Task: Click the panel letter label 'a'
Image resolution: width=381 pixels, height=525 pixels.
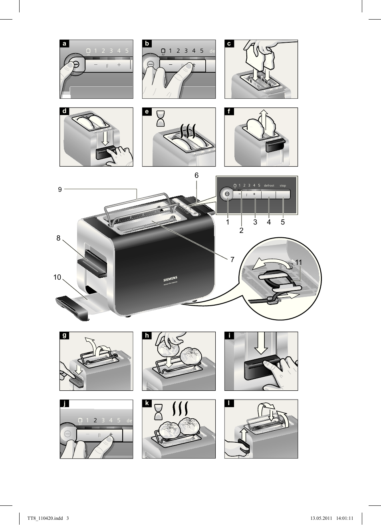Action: [64, 44]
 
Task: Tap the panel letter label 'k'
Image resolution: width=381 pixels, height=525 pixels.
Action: [147, 404]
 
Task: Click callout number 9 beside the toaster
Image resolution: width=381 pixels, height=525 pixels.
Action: [60, 189]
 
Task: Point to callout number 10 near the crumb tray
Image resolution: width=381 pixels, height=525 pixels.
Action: [57, 277]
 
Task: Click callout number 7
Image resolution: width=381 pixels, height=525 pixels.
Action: [232, 259]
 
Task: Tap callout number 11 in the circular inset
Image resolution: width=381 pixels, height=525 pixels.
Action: [298, 262]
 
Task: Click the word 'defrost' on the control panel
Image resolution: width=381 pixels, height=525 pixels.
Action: [269, 185]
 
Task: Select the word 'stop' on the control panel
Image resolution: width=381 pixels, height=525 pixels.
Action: [283, 185]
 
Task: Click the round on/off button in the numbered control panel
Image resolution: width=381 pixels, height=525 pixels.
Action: [227, 194]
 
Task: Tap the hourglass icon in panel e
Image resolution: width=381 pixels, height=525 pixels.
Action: [161, 119]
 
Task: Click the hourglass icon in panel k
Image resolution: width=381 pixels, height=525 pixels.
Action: [159, 412]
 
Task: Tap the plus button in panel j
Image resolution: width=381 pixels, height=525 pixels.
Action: [111, 434]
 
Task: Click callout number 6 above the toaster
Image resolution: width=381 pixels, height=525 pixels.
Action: [196, 175]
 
